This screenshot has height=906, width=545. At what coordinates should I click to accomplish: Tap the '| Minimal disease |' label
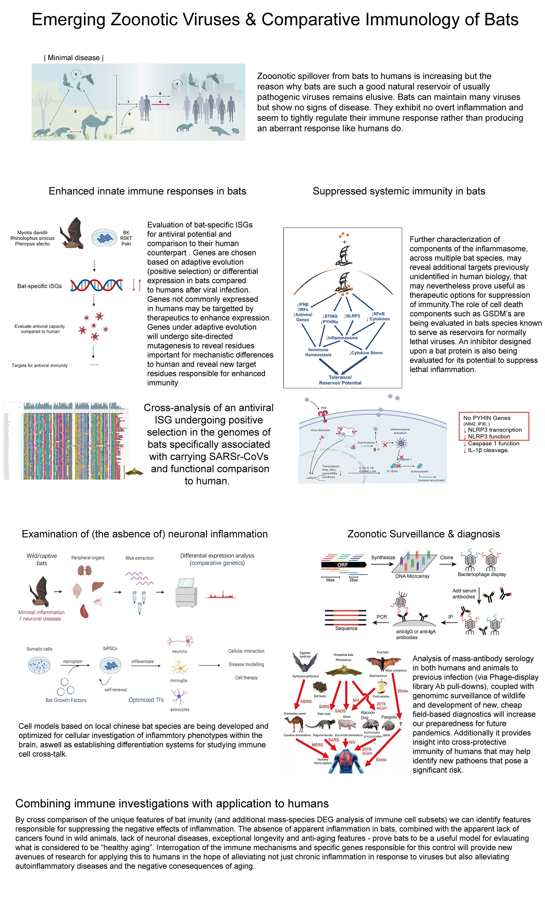(73, 58)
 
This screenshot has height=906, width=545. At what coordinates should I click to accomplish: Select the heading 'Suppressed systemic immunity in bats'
(399, 191)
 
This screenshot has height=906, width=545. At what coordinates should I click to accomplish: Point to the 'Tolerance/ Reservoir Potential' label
(340, 380)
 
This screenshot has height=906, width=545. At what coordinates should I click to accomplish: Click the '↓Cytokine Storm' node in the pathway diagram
(366, 353)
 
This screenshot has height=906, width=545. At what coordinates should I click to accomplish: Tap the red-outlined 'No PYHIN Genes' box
(494, 426)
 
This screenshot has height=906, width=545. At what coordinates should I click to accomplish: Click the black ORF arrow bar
(343, 565)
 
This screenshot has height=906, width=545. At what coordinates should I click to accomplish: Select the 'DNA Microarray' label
(412, 576)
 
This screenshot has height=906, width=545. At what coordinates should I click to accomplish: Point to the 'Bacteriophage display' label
(482, 574)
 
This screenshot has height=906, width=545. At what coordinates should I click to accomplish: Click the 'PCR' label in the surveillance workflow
(382, 617)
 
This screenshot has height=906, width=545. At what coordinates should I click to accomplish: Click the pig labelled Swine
(347, 724)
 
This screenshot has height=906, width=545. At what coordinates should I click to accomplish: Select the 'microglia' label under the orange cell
(179, 680)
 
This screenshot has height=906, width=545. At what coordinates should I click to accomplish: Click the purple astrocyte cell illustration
(179, 696)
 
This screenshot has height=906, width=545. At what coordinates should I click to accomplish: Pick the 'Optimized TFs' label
(146, 700)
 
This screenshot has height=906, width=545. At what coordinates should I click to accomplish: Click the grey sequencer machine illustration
(187, 593)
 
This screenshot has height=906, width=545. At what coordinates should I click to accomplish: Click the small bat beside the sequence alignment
(134, 472)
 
